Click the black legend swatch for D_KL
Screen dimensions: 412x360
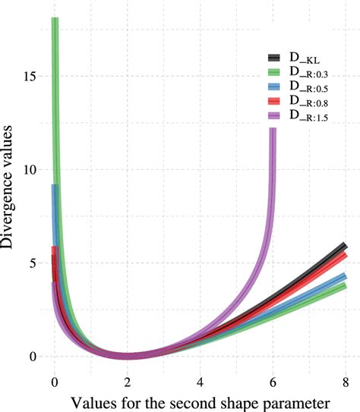(276, 58)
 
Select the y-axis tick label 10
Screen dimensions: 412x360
(31, 170)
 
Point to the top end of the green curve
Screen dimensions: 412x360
(55, 19)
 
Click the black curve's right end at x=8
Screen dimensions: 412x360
(345, 246)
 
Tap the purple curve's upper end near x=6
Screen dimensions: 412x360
(273, 131)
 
